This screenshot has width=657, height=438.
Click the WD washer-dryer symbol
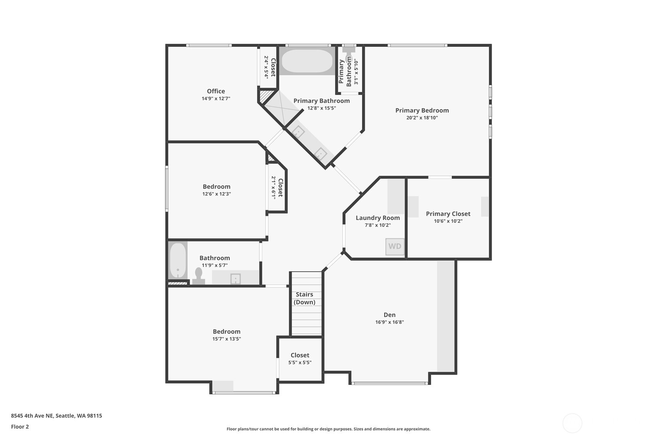[x=395, y=246]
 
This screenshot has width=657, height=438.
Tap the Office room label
[x=216, y=91]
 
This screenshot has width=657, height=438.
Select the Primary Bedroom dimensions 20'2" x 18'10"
[x=422, y=118]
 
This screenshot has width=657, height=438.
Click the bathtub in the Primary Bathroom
[x=307, y=61]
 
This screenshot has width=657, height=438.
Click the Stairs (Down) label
[x=304, y=298]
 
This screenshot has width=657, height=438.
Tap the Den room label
[x=389, y=315]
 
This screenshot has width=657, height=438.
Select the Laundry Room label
[x=377, y=218]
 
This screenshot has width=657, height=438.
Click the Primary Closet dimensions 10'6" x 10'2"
[x=448, y=221]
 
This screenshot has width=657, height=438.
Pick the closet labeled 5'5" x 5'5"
[x=300, y=359]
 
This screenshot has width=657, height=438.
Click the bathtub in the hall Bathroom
[x=178, y=260]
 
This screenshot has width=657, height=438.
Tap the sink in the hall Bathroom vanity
[x=235, y=278]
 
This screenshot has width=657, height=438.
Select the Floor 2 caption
[x=20, y=427]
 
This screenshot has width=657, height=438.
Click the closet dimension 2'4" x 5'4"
[x=266, y=67]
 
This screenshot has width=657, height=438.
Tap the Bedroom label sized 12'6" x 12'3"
[x=216, y=187]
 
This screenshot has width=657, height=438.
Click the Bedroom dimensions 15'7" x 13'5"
[x=226, y=339]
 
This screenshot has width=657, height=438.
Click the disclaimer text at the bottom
[x=328, y=429]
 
